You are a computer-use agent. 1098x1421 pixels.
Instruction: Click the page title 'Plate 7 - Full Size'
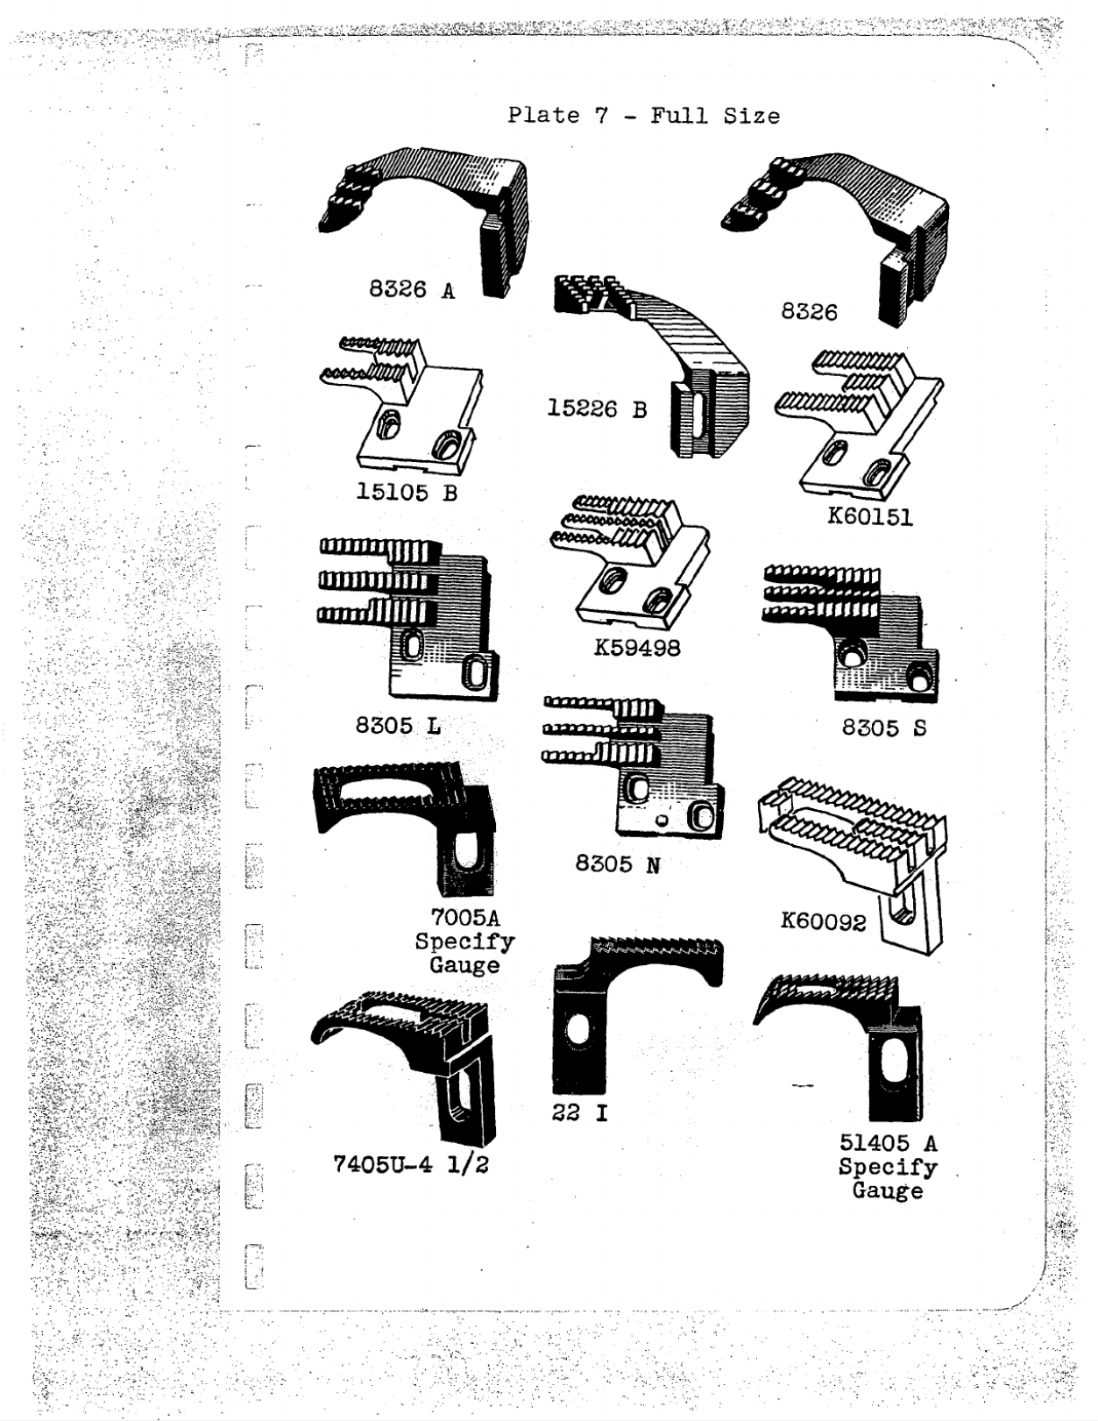(644, 116)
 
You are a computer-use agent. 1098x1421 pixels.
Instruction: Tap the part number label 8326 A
(412, 289)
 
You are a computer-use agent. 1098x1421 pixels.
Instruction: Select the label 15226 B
(597, 409)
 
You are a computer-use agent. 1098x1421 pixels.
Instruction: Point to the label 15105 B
(407, 492)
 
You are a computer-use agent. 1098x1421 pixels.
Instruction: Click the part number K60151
(870, 516)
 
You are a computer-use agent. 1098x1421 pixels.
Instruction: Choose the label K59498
(637, 648)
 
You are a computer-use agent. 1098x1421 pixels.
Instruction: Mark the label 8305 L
(398, 725)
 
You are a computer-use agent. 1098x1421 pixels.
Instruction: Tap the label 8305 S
(883, 728)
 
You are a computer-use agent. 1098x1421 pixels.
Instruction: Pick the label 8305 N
(618, 863)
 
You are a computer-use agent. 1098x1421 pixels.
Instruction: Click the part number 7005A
(464, 918)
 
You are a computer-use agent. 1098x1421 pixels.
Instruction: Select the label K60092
(824, 922)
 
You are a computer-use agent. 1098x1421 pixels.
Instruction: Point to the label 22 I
(580, 1112)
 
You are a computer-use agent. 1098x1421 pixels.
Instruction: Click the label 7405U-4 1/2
(411, 1164)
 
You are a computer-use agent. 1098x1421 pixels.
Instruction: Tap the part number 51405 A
(889, 1142)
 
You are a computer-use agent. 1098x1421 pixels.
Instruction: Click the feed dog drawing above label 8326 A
(423, 220)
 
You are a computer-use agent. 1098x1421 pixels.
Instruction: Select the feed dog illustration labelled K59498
(630, 562)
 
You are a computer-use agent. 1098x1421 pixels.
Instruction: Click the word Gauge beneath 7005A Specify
(464, 964)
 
